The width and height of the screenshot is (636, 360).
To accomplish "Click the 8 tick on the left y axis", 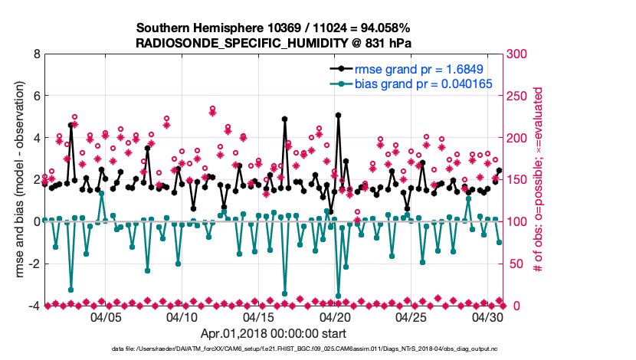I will click(x=36, y=54).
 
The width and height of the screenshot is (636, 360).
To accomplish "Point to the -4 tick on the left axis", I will click(x=34, y=306).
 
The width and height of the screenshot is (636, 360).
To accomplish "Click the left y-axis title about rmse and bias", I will click(x=17, y=180).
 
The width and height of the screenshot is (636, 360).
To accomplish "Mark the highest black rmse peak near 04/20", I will click(x=338, y=116).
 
